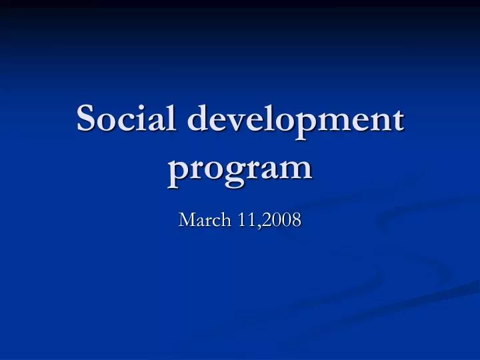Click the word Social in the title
pos(126,119)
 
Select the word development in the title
pos(296,121)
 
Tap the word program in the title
pos(240,167)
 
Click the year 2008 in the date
pos(282,219)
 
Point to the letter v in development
pos(241,122)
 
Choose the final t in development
pos(397,121)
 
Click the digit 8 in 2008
pos(296,219)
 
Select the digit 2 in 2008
pos(268,219)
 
